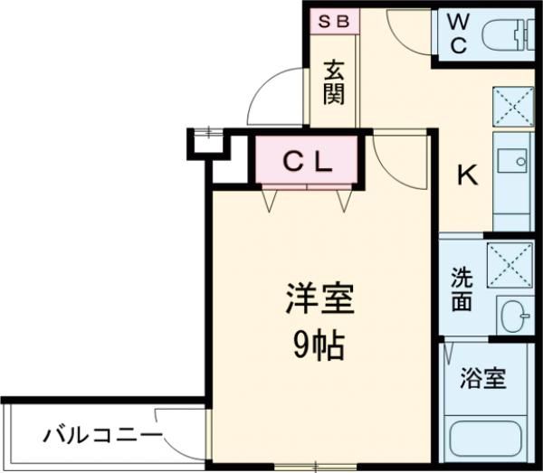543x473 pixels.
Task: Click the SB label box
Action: click(x=335, y=22)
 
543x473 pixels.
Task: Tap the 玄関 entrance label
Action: click(x=334, y=83)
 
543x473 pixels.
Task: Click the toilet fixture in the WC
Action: click(x=508, y=35)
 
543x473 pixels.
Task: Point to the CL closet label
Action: click(x=308, y=162)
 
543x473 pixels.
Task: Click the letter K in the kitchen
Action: click(x=468, y=175)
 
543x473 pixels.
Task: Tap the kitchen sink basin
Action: click(x=512, y=161)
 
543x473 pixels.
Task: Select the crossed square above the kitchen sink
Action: click(x=513, y=107)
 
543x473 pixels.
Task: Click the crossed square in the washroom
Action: click(x=510, y=265)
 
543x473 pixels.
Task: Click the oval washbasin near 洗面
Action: click(x=516, y=316)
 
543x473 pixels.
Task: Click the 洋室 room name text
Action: click(x=319, y=298)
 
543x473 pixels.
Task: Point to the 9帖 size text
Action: click(x=319, y=346)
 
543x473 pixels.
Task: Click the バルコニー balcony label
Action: click(x=102, y=435)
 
